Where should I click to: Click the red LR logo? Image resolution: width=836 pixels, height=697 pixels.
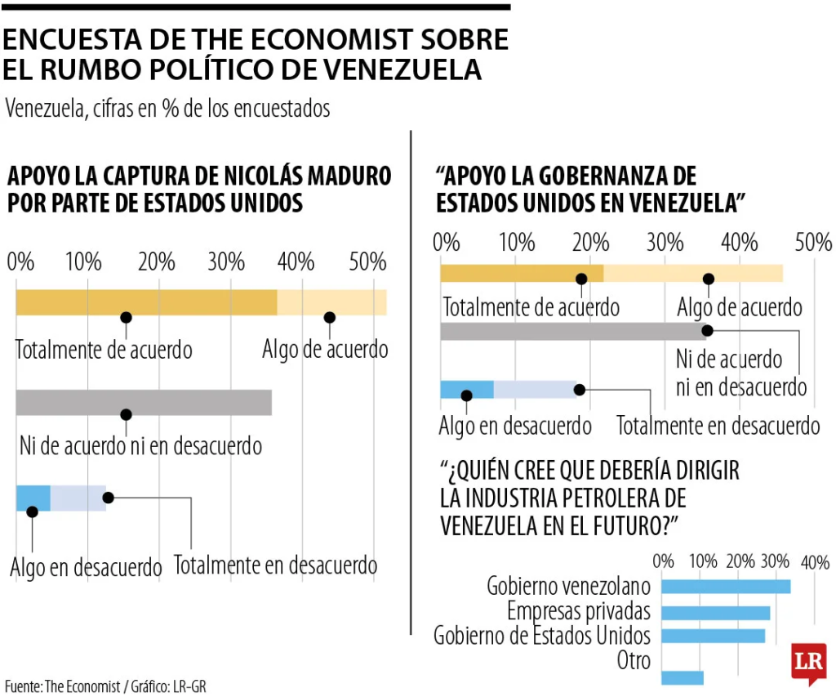(808, 663)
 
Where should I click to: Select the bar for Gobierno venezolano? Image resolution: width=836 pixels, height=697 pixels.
(725, 586)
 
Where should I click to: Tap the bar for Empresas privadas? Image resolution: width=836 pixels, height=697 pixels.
(715, 613)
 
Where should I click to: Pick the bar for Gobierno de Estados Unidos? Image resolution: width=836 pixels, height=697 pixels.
(713, 636)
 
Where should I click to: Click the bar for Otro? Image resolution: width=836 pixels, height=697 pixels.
(682, 677)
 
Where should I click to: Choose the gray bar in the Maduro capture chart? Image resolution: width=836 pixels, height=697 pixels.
(144, 403)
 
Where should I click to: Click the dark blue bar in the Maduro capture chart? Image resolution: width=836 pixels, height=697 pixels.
(33, 498)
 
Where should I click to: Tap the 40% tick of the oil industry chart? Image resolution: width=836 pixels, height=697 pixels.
(814, 562)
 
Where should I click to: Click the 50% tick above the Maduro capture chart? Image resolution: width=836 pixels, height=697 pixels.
(367, 262)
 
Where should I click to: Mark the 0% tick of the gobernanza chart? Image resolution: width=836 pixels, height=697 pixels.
(447, 242)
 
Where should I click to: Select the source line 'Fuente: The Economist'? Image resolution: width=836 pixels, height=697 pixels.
(61, 686)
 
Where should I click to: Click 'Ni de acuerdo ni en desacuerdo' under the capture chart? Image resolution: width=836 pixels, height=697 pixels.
(140, 446)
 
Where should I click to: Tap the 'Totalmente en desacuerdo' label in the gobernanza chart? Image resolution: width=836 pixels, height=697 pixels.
(718, 426)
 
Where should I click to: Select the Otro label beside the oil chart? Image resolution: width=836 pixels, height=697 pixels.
(634, 660)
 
